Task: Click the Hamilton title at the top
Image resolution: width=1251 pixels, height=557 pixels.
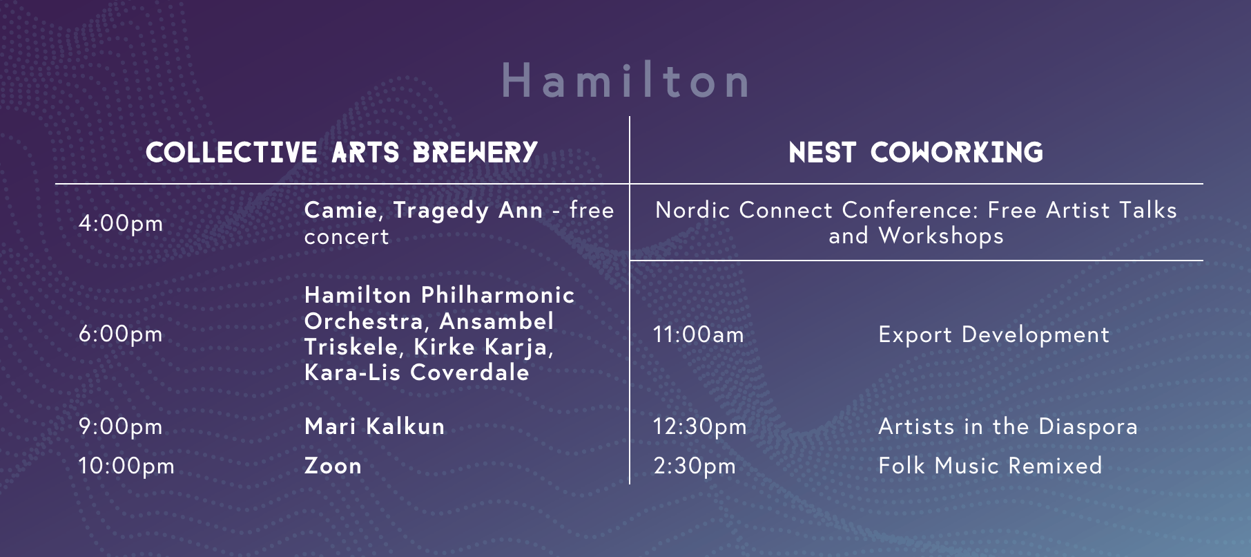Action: [625, 80]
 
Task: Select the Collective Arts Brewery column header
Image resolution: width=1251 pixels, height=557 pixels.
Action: [342, 153]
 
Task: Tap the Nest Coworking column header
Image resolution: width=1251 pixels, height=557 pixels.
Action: [916, 153]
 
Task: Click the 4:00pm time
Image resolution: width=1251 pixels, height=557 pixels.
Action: [121, 223]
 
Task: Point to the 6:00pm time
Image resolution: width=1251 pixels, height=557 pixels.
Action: [121, 334]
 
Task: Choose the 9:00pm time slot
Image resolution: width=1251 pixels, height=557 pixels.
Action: [121, 426]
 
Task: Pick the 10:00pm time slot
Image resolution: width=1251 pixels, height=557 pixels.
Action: [126, 466]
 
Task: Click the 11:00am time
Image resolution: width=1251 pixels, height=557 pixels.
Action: [699, 335]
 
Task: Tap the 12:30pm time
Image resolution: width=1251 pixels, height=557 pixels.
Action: [700, 426]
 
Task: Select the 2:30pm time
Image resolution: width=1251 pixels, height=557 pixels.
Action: [695, 466]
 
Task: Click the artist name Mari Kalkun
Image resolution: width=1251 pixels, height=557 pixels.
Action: [375, 426]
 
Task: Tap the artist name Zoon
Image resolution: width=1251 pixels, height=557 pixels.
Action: [333, 466]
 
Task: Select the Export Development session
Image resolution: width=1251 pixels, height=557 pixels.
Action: [994, 335]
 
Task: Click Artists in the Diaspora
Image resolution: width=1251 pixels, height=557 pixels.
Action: [1008, 426]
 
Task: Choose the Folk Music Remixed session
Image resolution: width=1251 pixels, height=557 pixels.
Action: [990, 466]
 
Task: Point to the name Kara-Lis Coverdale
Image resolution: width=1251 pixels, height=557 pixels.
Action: [417, 372]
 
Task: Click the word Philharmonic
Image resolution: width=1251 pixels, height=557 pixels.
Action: [498, 295]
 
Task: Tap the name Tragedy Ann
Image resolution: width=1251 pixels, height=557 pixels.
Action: [468, 211]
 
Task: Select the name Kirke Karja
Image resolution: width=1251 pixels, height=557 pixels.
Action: [484, 347]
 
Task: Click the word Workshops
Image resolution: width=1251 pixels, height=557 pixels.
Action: [941, 236]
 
